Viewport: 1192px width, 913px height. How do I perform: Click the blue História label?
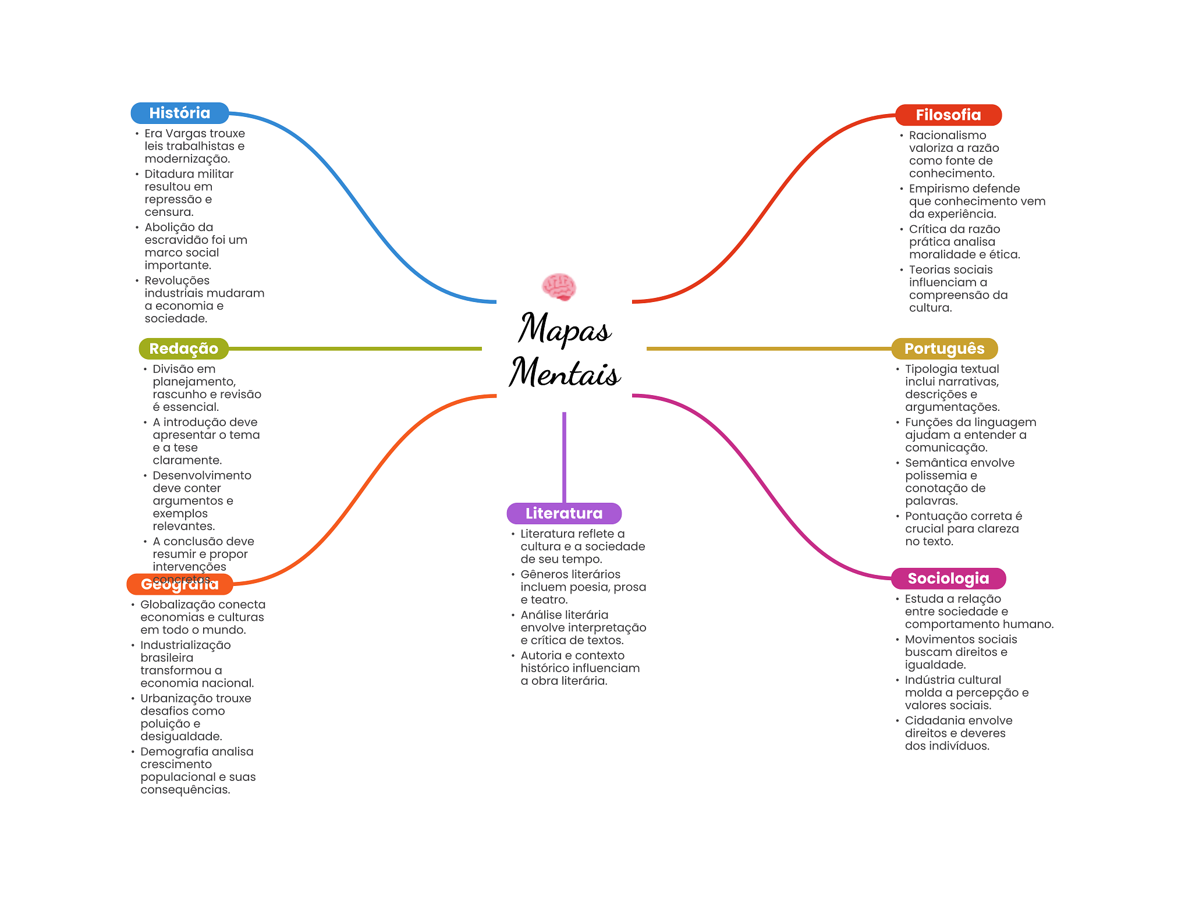(x=179, y=113)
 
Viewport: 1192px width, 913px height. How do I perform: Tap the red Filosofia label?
(x=948, y=115)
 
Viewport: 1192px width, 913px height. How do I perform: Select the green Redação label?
(x=183, y=349)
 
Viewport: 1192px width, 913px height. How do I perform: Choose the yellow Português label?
(x=944, y=349)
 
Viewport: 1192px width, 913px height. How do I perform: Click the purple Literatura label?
(x=564, y=513)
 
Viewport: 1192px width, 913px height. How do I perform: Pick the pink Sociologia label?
(x=948, y=578)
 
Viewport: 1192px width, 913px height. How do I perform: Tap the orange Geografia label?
(x=179, y=585)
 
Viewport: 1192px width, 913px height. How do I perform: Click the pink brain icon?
(x=559, y=286)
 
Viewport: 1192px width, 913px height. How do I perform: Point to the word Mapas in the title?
(x=565, y=329)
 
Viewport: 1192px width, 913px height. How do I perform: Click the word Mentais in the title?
(x=565, y=372)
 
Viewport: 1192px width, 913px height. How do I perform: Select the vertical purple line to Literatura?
(x=564, y=457)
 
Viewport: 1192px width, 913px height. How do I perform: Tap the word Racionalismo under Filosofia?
(x=948, y=136)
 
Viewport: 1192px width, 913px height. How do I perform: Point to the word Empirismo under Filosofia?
(x=936, y=189)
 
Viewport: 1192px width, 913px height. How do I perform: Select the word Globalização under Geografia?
(x=173, y=605)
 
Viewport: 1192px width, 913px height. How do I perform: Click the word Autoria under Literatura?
(x=541, y=656)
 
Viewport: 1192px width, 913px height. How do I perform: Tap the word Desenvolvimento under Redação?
(x=202, y=475)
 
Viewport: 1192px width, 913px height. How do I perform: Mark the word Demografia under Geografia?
(x=169, y=752)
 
